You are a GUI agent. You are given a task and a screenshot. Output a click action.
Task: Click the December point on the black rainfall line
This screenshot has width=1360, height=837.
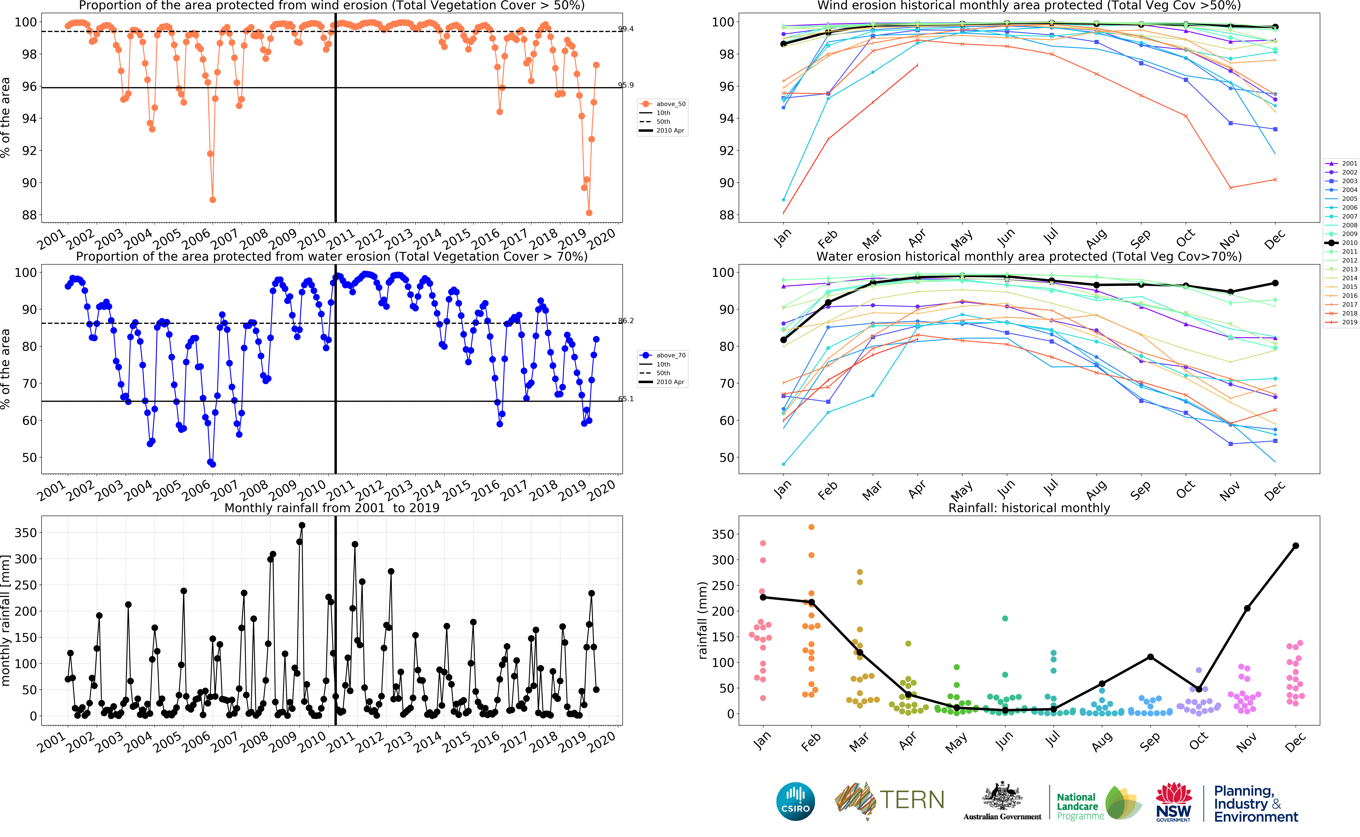point(1296,546)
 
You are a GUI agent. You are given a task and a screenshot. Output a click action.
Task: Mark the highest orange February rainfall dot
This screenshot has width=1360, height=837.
point(812,527)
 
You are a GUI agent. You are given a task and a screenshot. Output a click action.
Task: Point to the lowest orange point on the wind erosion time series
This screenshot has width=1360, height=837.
point(589,213)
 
